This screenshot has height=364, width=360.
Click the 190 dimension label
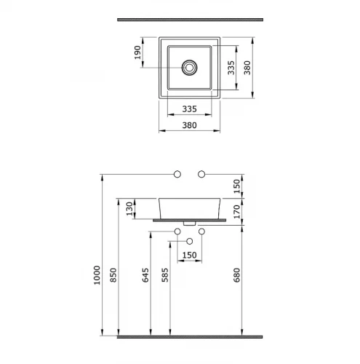[137, 52]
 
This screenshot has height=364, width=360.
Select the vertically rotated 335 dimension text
[231, 68]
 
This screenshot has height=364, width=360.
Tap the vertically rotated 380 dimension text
[247, 68]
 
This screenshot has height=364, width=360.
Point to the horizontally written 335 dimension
[189, 109]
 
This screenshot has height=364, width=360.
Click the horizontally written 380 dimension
[189, 125]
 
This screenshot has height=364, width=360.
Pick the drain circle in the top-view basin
[189, 68]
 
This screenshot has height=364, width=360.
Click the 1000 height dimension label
[97, 275]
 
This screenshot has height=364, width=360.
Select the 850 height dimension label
[113, 275]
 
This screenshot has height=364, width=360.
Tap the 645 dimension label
[145, 275]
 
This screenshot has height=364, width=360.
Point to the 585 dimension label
[165, 275]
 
